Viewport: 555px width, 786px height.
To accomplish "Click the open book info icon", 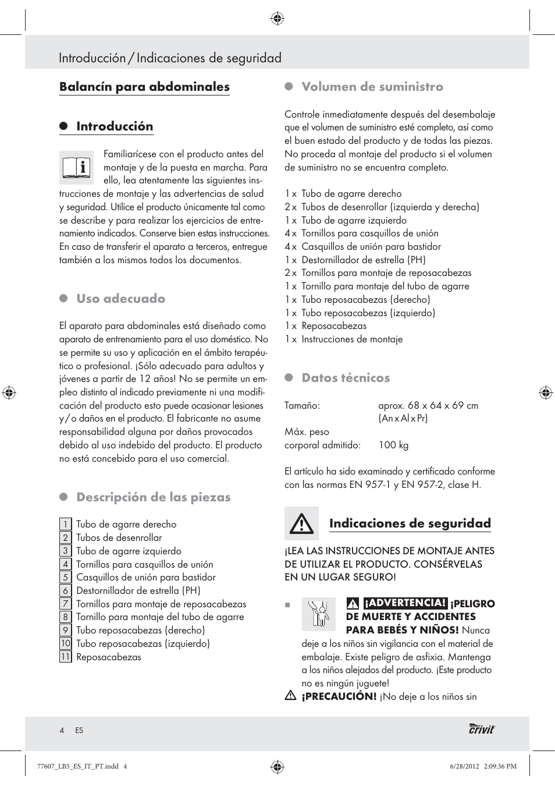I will pos(76,168).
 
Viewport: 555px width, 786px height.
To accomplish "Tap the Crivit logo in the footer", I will pos(482,730).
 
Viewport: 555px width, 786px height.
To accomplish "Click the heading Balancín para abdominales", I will pos(144,87).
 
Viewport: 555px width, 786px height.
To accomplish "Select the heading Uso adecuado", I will pos(121,299).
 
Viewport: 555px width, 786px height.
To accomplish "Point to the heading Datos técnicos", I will pos(346,378).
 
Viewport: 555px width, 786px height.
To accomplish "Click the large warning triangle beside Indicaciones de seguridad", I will pos(301,523).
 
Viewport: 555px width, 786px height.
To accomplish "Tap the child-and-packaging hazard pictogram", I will pos(318,614).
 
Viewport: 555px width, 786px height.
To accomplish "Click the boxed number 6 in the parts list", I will pos(65,590).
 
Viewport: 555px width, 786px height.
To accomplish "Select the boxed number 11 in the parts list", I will pos(65,657).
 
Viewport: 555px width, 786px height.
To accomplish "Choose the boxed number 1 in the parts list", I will pos(65,524).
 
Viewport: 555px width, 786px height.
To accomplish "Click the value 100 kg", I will pos(393,445).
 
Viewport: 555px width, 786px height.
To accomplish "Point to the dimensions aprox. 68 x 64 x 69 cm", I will pos(428,405).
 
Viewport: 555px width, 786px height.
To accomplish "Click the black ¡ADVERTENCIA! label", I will pos(405,603).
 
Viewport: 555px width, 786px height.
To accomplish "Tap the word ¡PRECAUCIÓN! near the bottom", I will pos(339,696).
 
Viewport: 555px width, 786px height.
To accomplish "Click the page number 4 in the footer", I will pos(62,730).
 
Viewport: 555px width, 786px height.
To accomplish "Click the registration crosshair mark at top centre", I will pos(277,19).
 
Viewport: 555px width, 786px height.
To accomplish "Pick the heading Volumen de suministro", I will pos(372,87).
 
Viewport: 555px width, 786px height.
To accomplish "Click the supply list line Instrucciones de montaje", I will pos(351,339).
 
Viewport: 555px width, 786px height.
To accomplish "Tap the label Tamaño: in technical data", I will pos(302,405).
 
